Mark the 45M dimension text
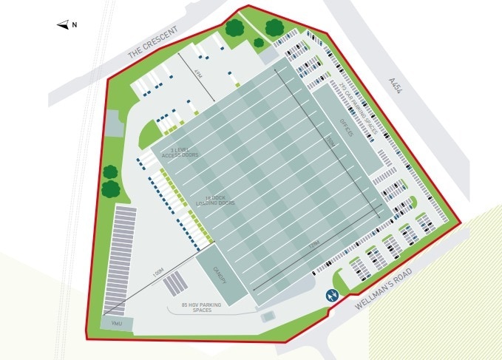[197, 75]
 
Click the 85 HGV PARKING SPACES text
[197, 307]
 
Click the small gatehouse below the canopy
[268, 316]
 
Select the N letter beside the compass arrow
[75, 25]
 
